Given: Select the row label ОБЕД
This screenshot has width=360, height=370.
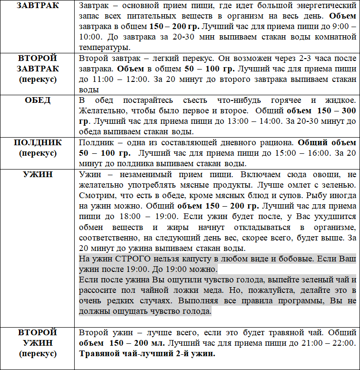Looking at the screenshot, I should click(38, 100).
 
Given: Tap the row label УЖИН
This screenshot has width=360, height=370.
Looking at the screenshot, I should click(38, 175).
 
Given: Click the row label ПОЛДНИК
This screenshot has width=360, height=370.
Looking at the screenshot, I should click(38, 142).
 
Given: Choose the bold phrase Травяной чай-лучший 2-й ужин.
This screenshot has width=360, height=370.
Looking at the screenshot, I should click(147, 354).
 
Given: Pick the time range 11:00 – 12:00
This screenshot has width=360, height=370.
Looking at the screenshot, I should click(119, 80).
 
